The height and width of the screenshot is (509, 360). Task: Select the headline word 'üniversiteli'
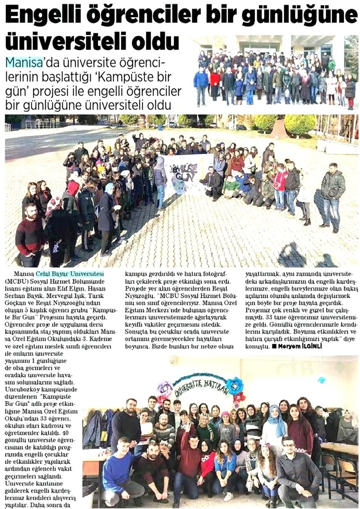(62, 41)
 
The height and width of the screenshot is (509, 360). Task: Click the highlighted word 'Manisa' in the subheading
(23, 63)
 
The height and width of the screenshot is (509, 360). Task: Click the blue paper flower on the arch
(235, 385)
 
